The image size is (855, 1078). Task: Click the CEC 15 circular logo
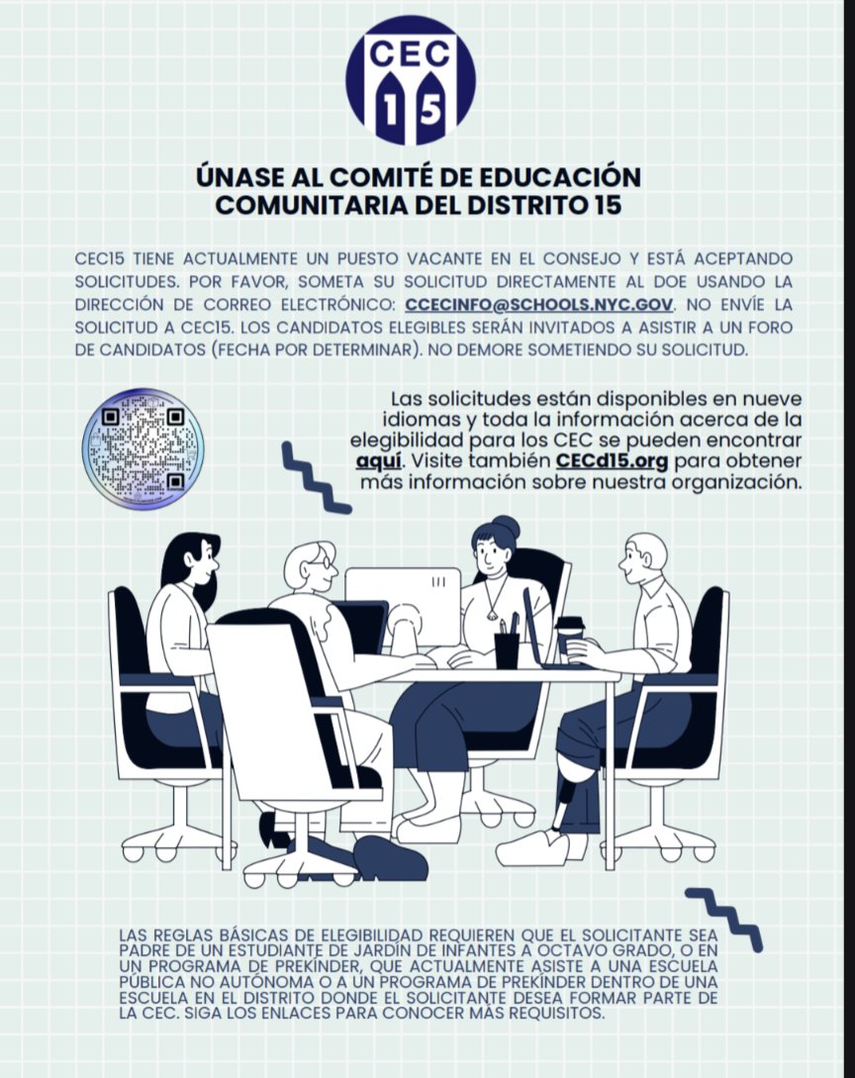tap(410, 80)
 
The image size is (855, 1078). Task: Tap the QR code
tap(142, 448)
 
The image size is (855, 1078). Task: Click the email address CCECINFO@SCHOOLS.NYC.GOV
tap(539, 304)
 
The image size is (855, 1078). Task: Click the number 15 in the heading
tap(621, 205)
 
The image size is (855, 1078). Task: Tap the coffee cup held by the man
tap(569, 635)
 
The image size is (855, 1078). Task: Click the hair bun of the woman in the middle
tap(506, 526)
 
